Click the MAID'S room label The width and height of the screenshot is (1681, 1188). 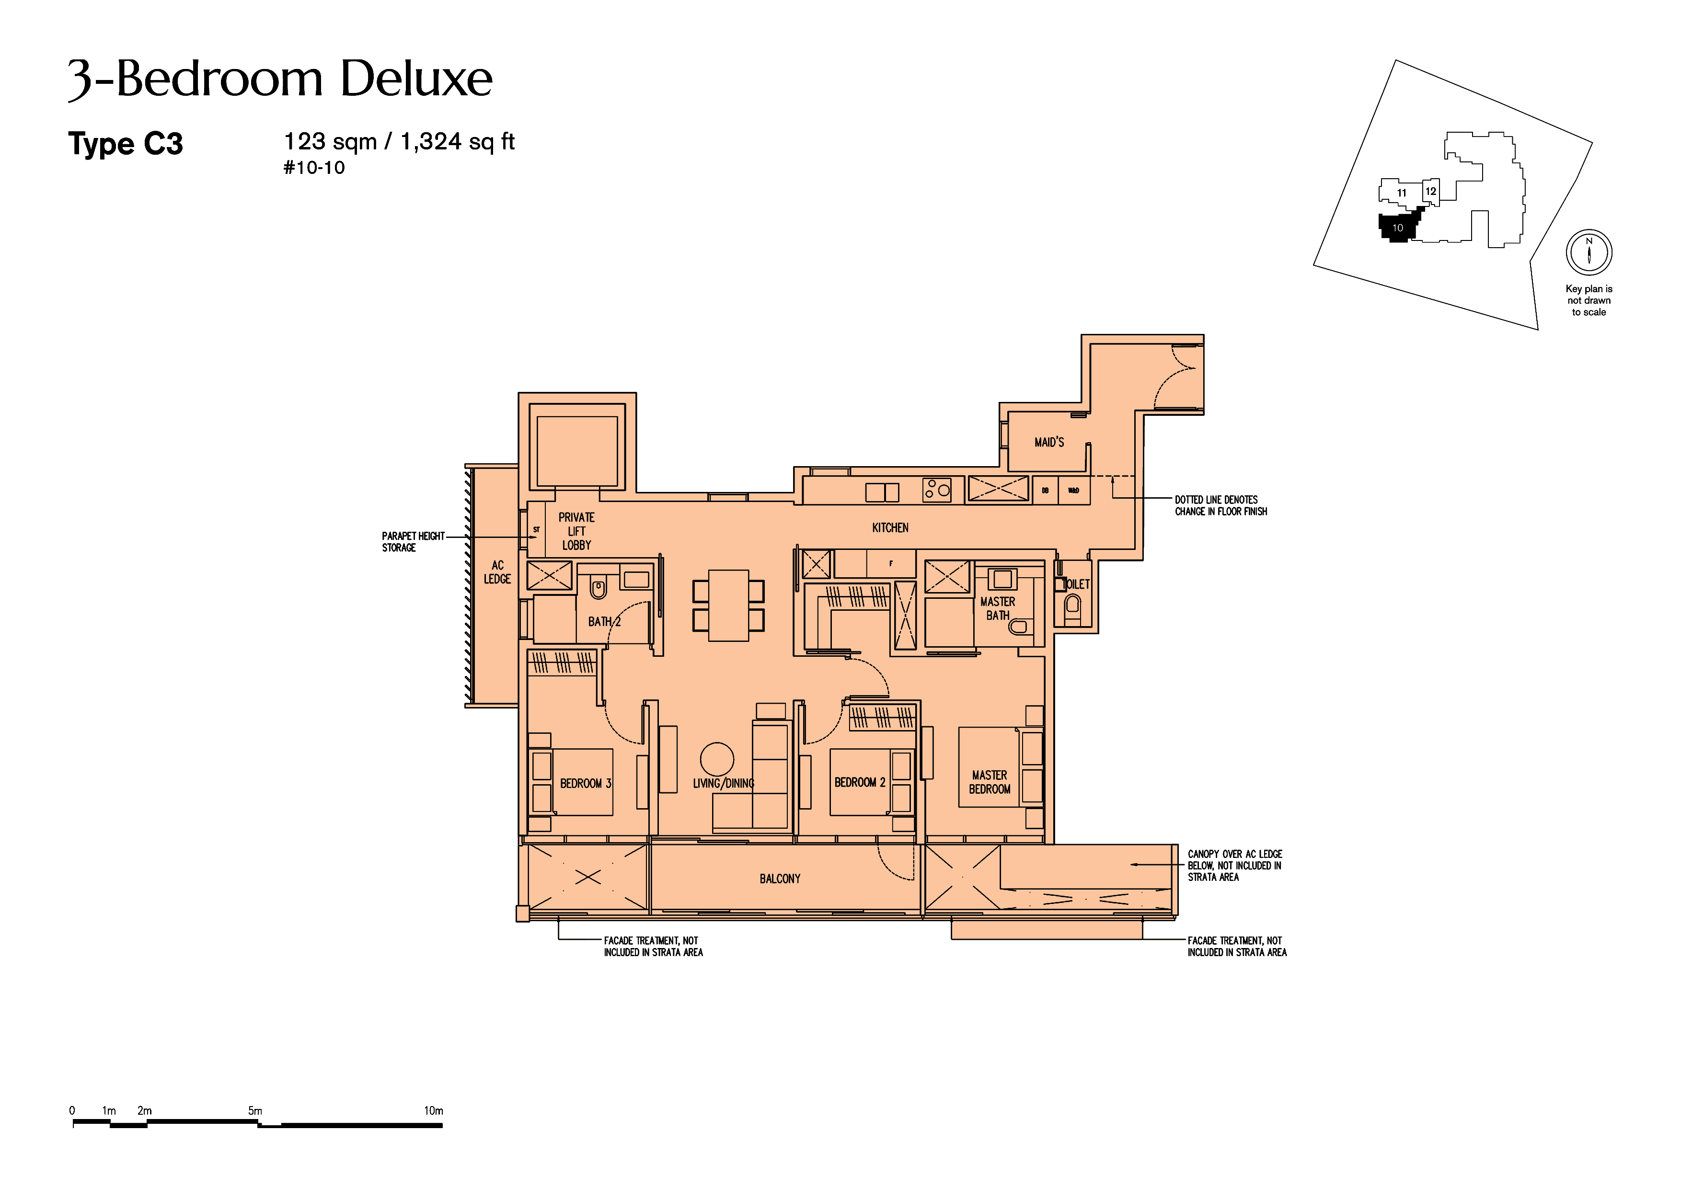click(1048, 442)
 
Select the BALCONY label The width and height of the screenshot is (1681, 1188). click(780, 879)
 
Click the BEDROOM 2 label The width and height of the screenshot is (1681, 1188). click(860, 782)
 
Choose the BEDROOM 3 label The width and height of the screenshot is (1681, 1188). click(585, 783)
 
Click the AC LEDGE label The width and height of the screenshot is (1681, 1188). click(497, 571)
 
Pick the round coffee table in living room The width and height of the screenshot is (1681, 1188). click(717, 759)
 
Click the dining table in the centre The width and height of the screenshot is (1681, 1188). click(728, 605)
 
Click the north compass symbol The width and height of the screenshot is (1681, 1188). click(1589, 252)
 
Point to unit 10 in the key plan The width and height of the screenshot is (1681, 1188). click(1397, 227)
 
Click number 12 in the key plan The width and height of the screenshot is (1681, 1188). click(1430, 191)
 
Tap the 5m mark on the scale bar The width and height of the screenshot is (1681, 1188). click(255, 1110)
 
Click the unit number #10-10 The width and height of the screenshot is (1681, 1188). click(314, 168)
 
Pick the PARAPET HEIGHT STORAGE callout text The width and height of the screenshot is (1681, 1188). click(413, 542)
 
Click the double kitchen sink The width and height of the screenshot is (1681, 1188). click(882, 492)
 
